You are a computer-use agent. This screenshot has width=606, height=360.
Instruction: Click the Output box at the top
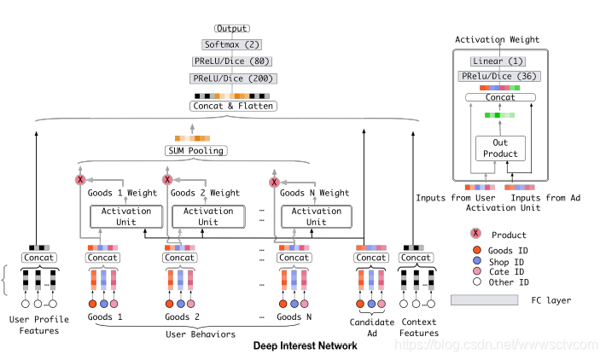coord(233,29)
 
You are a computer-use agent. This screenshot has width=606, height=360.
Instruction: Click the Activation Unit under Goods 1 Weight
coord(125,217)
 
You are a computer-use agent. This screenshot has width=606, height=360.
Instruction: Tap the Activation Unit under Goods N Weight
coord(317,217)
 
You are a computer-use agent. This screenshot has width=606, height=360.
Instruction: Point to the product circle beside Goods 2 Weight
coord(168,180)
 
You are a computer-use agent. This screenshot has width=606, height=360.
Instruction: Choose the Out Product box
coord(500,148)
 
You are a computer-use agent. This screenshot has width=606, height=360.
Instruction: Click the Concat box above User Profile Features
coord(38,257)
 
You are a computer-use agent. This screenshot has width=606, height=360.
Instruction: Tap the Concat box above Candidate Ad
coord(370,257)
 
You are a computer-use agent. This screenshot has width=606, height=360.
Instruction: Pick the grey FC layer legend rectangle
coord(484,299)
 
